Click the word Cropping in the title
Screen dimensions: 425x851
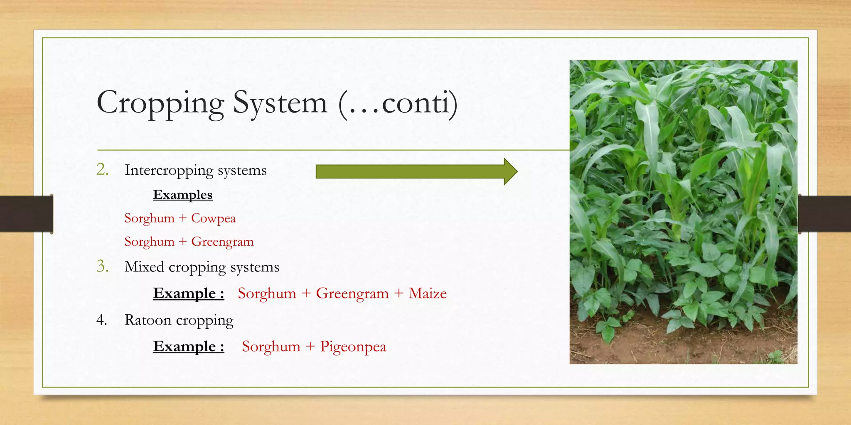(160, 103)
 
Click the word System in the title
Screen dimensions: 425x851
(280, 103)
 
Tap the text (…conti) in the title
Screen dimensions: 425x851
(398, 103)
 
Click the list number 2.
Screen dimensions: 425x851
(102, 169)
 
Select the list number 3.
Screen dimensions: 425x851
(102, 266)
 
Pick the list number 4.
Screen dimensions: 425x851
(102, 320)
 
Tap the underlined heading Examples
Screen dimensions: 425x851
(182, 195)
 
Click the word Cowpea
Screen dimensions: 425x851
(213, 218)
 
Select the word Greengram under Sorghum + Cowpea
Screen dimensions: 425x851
(222, 242)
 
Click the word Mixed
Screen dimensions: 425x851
(144, 266)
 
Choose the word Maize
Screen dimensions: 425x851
(427, 293)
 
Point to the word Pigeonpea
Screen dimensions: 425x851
(353, 347)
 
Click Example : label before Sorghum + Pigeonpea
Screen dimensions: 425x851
(188, 347)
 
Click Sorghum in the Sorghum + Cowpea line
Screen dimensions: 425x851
(149, 218)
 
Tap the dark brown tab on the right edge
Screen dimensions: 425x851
(824, 214)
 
